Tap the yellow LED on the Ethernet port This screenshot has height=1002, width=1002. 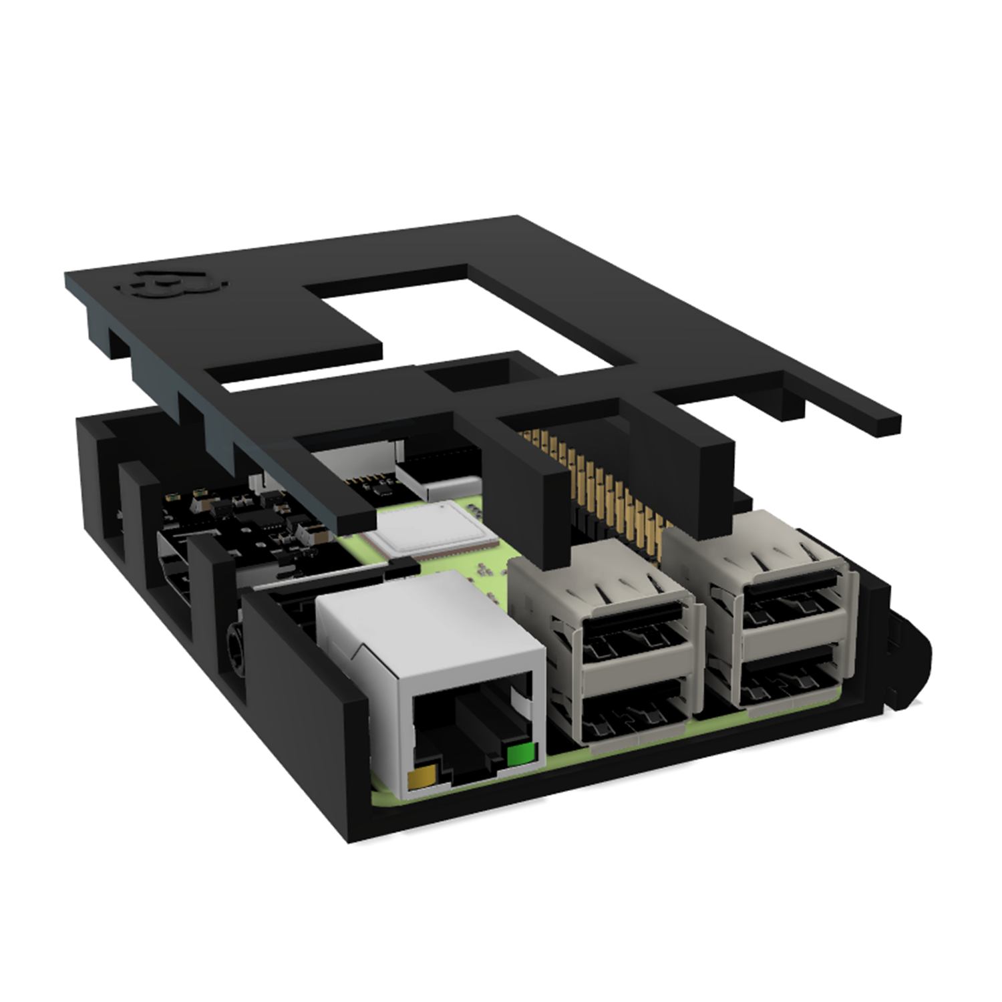pyautogui.click(x=422, y=778)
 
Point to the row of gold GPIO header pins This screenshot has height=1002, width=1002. pyautogui.click(x=601, y=481)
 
